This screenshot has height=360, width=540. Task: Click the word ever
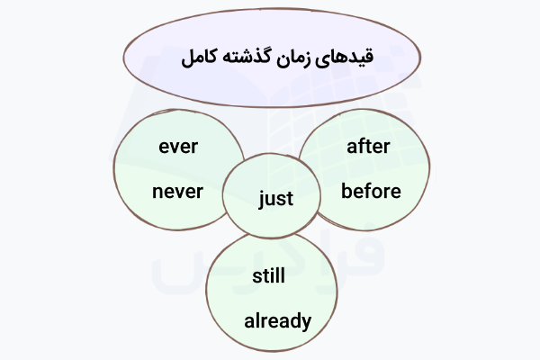click(177, 146)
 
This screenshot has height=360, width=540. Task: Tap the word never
click(177, 191)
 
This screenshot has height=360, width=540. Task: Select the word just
click(275, 198)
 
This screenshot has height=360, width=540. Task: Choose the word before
click(371, 191)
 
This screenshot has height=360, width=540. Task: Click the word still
click(268, 275)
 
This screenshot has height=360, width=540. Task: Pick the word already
click(278, 320)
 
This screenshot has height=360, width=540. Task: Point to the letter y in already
click(306, 323)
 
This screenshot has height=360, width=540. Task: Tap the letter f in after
click(359, 145)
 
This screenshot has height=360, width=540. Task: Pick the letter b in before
click(346, 191)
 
